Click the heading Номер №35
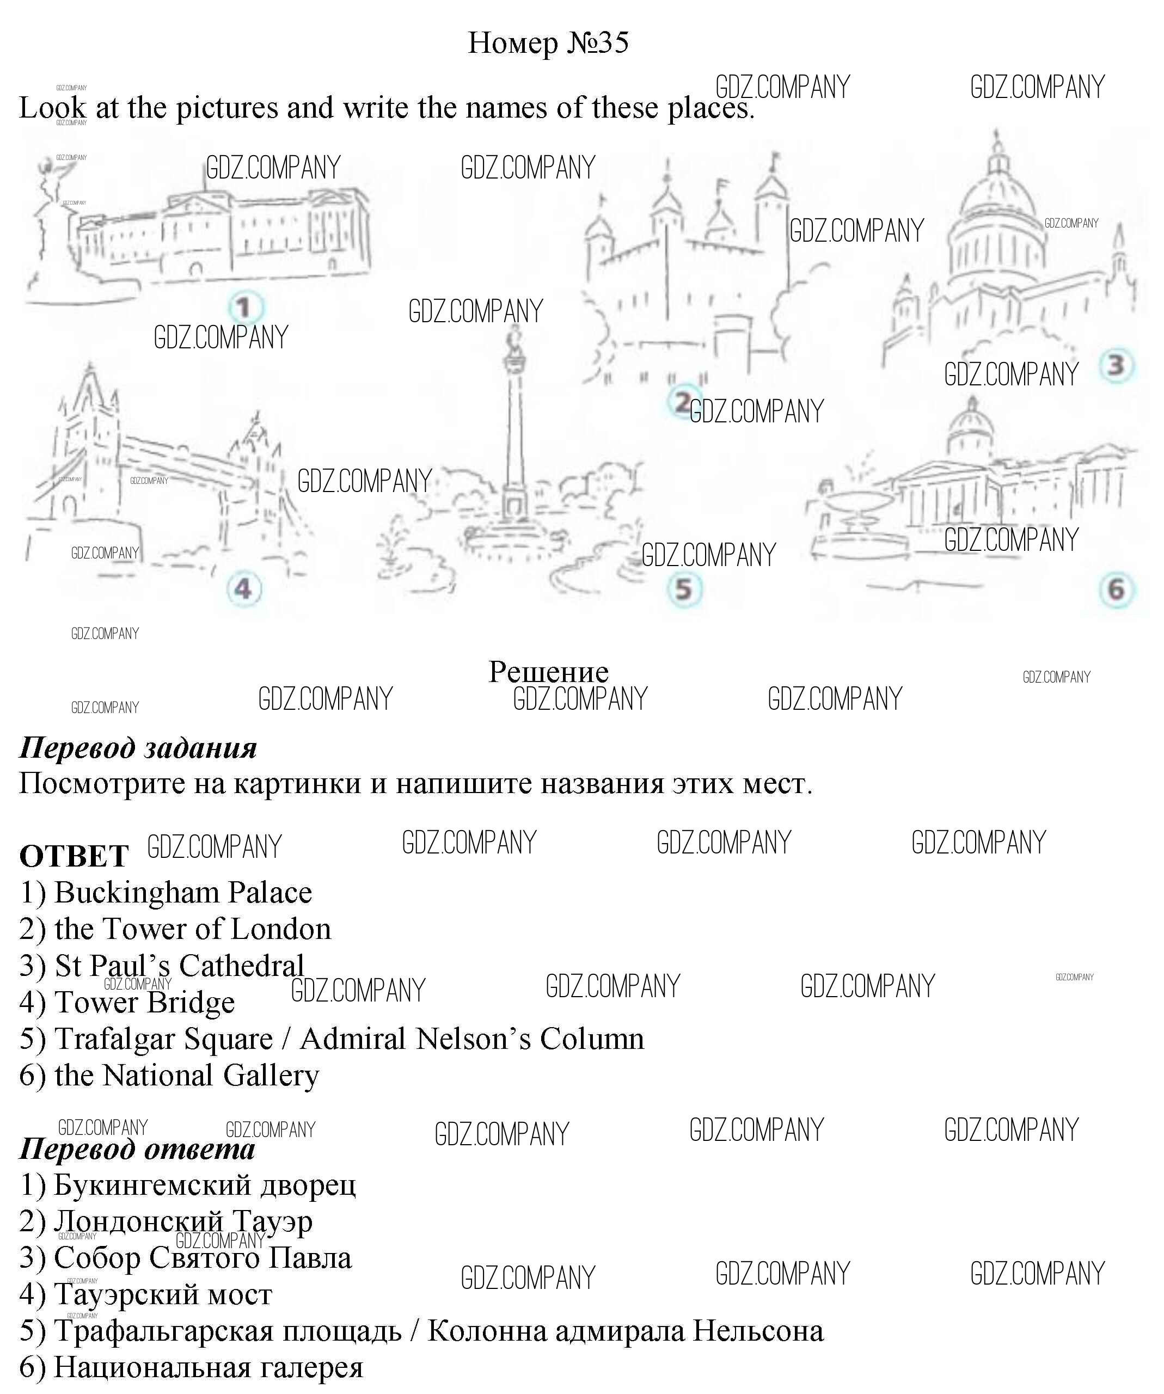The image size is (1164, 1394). (x=548, y=44)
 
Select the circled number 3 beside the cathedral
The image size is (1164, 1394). (x=1116, y=365)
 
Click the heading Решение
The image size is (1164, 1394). (x=548, y=672)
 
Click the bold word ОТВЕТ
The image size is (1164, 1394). (x=73, y=856)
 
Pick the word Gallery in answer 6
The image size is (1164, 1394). (x=271, y=1076)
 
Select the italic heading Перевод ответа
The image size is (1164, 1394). (x=137, y=1149)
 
